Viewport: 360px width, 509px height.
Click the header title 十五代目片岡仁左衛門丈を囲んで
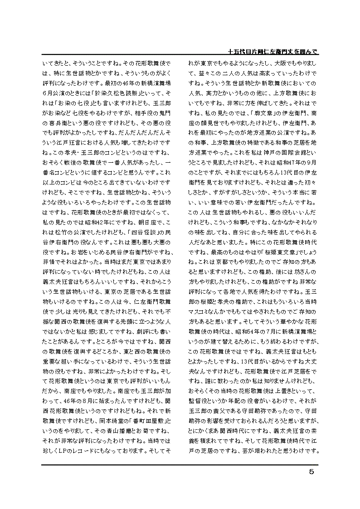point(272,52)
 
